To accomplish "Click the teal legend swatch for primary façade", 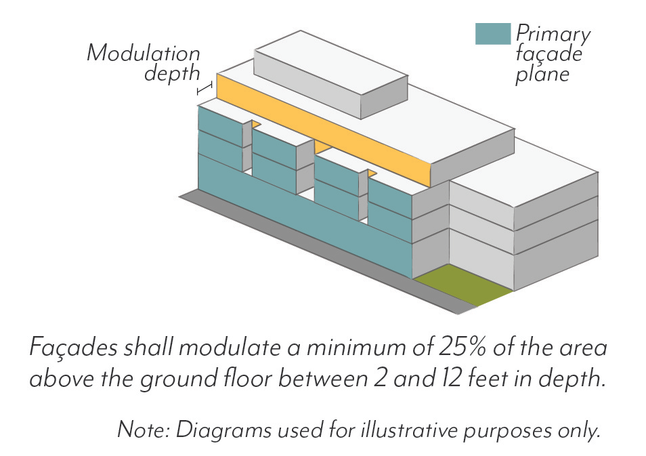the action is (x=492, y=34).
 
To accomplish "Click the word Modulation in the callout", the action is (x=144, y=53).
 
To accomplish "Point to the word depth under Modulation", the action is (x=172, y=74).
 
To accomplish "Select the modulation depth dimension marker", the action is (x=205, y=88).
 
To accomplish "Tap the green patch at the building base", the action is (x=462, y=285).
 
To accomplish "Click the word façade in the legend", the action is (x=548, y=54).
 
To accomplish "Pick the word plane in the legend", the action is (x=542, y=75).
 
